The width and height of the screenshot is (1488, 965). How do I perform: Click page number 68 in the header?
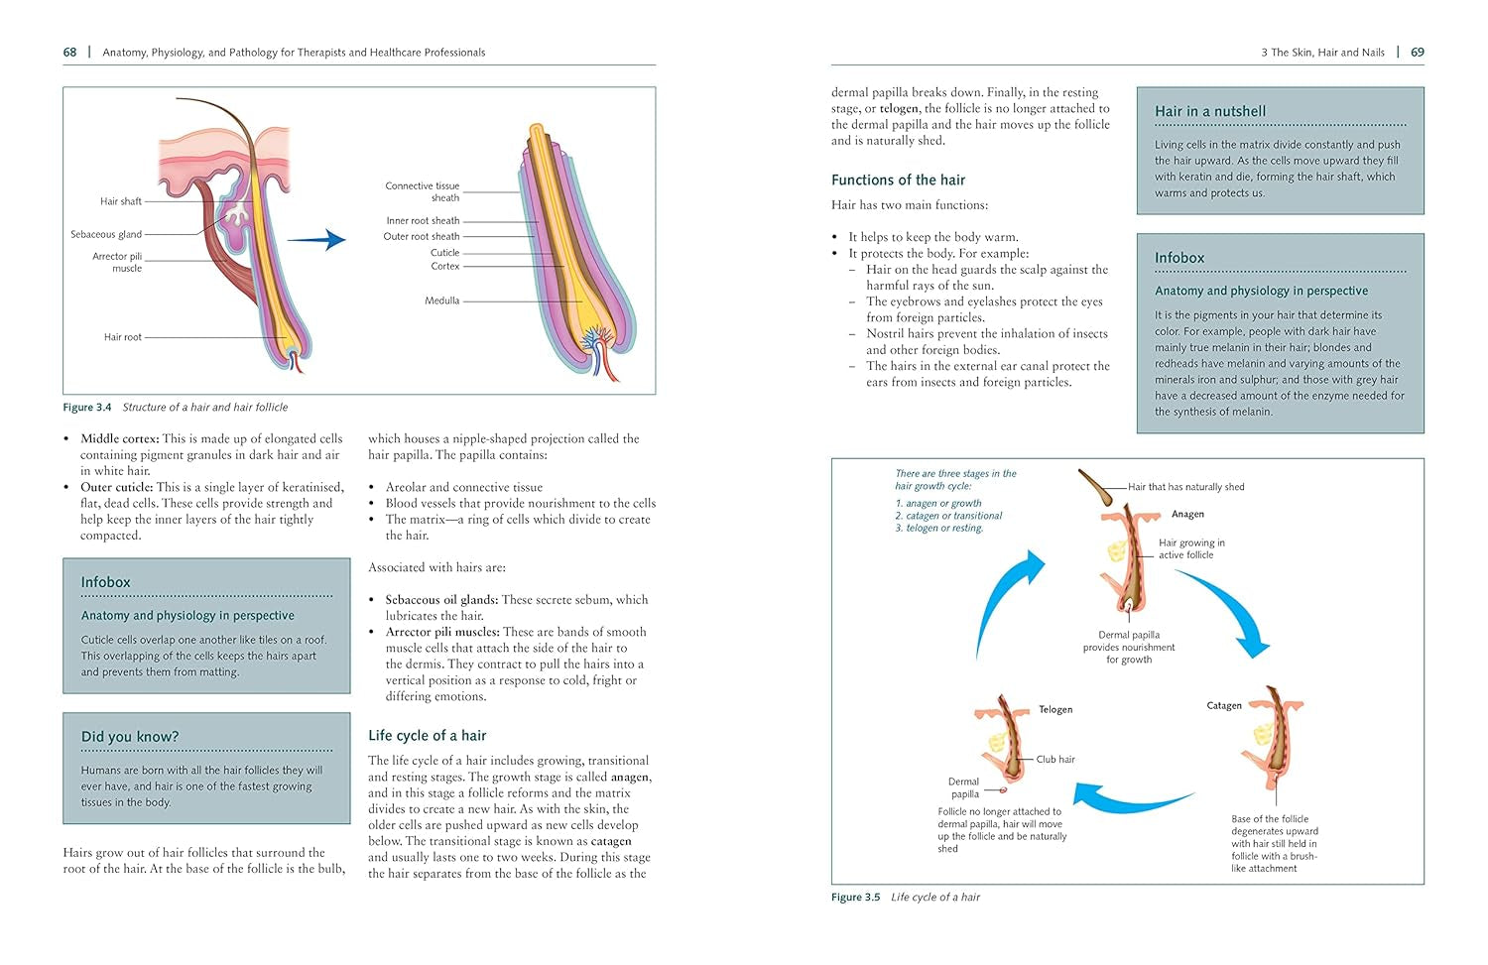click(69, 53)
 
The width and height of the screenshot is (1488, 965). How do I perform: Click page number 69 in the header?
click(1417, 53)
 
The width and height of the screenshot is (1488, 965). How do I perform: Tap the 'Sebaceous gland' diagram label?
click(106, 235)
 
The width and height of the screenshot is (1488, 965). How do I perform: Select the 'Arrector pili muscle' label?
click(117, 262)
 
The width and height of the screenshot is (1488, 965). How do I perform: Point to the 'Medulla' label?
click(442, 301)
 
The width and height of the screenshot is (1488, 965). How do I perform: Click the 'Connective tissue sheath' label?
click(423, 191)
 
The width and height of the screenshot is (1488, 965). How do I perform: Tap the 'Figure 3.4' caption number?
click(87, 408)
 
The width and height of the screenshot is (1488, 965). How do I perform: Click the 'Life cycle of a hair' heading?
click(427, 736)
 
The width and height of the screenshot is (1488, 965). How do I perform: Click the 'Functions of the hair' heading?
click(898, 180)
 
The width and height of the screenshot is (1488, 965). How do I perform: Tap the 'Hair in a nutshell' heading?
click(1210, 112)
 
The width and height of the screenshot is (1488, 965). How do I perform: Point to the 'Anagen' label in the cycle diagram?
click(1187, 514)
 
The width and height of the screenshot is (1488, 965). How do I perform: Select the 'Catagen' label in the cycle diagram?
click(1223, 706)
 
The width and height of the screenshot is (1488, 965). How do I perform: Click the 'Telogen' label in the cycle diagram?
click(1055, 710)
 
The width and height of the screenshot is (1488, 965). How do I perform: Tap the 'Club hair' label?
click(1055, 760)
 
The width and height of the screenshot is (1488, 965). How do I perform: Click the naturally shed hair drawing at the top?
click(1097, 487)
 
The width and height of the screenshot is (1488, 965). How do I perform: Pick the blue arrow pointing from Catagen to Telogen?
click(1131, 796)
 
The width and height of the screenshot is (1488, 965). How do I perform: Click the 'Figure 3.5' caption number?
click(855, 898)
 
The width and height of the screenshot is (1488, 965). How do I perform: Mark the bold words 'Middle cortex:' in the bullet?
click(119, 438)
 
